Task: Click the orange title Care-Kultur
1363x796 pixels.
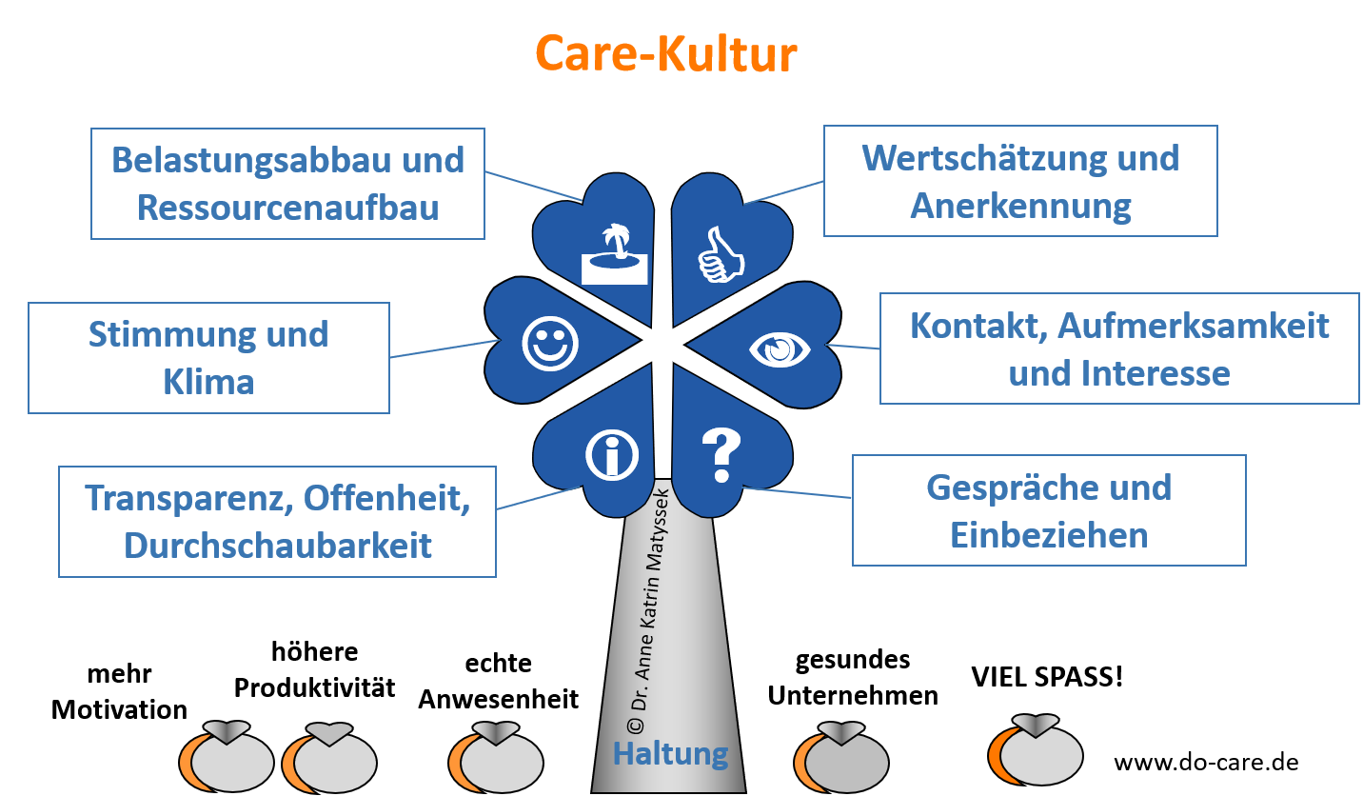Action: coord(665,54)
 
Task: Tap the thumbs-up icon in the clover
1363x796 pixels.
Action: coord(721,255)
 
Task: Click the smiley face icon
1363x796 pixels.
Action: coord(550,343)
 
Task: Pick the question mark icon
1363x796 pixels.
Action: coord(721,455)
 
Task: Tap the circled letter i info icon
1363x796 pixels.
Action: coord(611,455)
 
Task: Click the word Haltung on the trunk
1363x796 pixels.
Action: coord(670,753)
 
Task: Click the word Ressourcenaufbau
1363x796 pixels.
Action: coord(288,207)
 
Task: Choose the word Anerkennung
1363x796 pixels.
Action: coord(1021,206)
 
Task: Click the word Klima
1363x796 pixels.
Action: coord(208,382)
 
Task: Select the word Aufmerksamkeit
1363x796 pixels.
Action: coord(1193,326)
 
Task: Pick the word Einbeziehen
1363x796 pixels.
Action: coord(1049,535)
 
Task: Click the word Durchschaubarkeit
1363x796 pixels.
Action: coord(278,545)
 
